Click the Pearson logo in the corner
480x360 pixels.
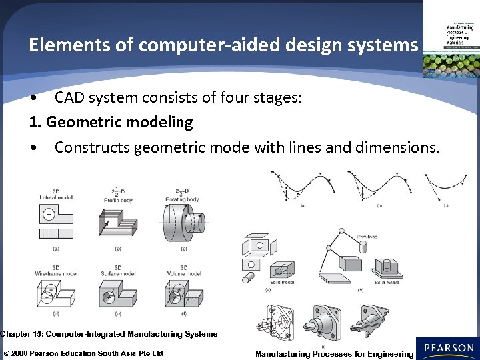pyautogui.click(x=449, y=348)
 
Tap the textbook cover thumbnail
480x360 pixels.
pyautogui.click(x=451, y=40)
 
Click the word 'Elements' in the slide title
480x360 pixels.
pyautogui.click(x=59, y=45)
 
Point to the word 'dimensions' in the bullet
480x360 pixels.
pyautogui.click(x=399, y=147)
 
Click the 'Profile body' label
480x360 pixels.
pyautogui.click(x=118, y=198)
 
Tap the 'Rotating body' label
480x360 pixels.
pyautogui.click(x=183, y=198)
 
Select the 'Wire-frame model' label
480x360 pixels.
pyautogui.click(x=53, y=273)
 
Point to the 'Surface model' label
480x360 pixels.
pyautogui.click(x=118, y=273)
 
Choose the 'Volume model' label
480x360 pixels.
pyautogui.click(x=183, y=273)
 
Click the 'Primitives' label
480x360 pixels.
pyautogui.click(x=367, y=237)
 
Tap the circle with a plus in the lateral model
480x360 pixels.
pyautogui.click(x=49, y=215)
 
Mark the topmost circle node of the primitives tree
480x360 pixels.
pyautogui.click(x=342, y=233)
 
